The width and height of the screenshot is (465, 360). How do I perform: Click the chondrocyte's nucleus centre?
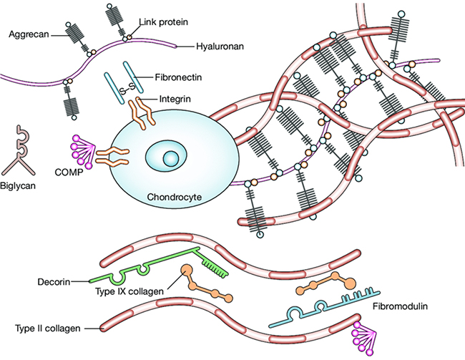(170, 156)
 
